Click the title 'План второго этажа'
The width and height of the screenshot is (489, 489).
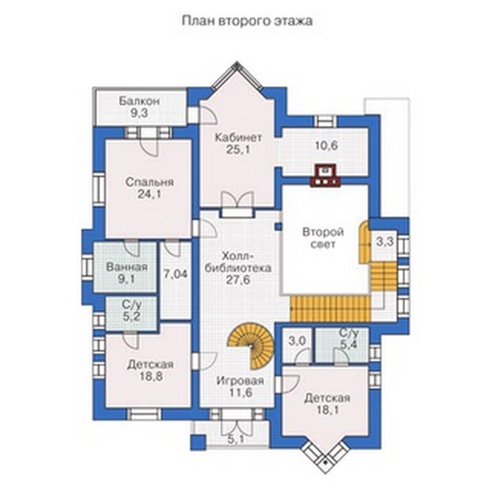coord(246,21)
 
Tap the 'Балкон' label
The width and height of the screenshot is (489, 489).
coord(139,101)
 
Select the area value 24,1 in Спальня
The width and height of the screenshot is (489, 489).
coord(150,195)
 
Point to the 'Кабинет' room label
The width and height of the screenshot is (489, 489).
coord(239,138)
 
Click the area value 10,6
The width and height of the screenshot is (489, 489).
coord(327,146)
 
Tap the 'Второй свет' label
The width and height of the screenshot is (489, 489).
coord(323,239)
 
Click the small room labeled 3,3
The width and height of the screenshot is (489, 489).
coord(385,242)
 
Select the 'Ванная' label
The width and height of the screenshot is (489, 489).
coord(127,267)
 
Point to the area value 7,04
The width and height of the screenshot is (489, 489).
coord(175,275)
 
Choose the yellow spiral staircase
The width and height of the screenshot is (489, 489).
coord(251,346)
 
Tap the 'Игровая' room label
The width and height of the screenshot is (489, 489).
coord(241,380)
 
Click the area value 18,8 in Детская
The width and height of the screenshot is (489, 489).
coord(152,377)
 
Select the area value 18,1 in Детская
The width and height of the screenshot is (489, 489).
coord(327,410)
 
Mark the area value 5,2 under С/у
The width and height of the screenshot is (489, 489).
coord(131,316)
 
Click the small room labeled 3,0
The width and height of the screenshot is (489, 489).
coord(297,341)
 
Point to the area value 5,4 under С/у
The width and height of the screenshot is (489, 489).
coord(349,345)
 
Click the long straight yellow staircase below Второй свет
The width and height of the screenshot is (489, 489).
coord(330,309)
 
